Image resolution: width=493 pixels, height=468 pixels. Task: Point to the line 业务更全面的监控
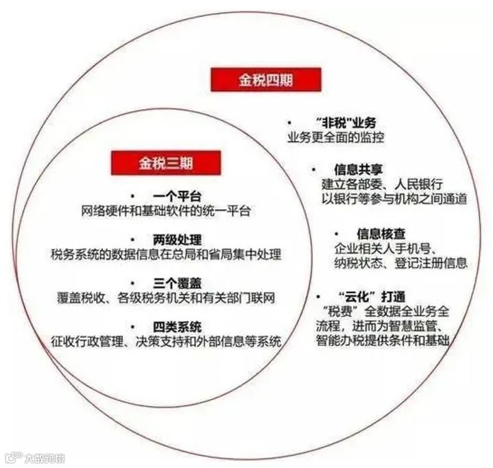point(336,138)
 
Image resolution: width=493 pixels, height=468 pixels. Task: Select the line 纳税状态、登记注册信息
point(400,262)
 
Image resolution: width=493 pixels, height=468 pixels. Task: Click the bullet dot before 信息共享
point(313,169)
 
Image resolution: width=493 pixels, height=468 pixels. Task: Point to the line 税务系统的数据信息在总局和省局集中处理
point(167,254)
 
